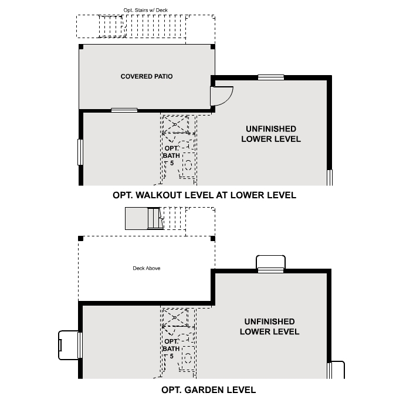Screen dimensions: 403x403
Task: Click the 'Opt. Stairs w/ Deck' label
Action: coord(145,10)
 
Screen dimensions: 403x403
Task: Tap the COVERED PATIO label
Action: coord(147,76)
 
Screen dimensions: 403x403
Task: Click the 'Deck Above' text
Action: coord(147,269)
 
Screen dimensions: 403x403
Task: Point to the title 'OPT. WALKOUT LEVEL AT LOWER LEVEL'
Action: coord(204,195)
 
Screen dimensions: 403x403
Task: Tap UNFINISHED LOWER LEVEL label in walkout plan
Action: coord(270,134)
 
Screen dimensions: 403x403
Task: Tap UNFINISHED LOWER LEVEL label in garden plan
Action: coord(270,327)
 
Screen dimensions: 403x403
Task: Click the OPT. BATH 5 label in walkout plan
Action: coord(171,155)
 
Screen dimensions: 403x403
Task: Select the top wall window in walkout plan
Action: coord(271,77)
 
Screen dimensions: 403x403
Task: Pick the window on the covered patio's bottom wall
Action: coord(124,110)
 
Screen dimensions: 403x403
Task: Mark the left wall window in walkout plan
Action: coord(80,152)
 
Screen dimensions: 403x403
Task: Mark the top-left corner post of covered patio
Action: coord(81,46)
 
